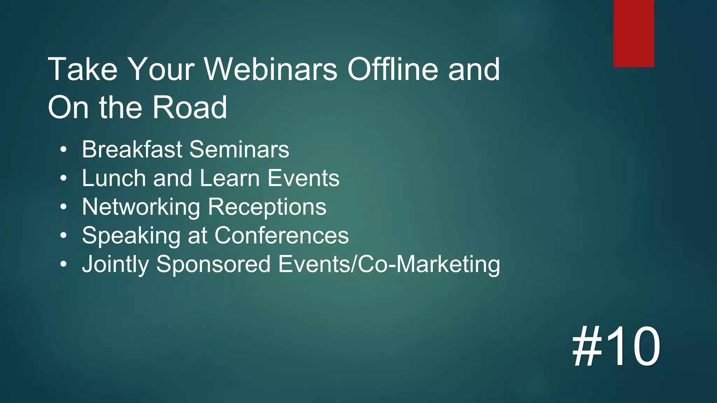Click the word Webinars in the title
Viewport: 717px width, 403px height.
coord(271,69)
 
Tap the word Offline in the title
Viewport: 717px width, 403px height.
coord(392,69)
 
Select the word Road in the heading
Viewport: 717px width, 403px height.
coord(190,107)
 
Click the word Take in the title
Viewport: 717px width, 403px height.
coord(83,69)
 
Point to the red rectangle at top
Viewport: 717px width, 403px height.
coord(634,33)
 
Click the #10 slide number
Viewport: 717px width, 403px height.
coord(616,346)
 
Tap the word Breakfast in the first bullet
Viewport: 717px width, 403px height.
coord(132,149)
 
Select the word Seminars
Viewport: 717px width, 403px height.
coord(239,149)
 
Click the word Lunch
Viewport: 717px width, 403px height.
coord(114,178)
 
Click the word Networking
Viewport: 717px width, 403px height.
coord(141,207)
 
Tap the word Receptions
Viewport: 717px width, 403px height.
coord(267,207)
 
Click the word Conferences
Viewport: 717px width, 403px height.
coord(281,235)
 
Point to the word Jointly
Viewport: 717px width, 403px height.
coord(116,264)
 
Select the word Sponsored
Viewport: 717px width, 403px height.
coord(213,264)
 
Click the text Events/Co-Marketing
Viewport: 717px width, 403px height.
coord(389,264)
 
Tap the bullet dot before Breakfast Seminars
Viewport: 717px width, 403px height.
coord(63,150)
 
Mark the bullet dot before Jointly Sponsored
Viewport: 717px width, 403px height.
coord(63,264)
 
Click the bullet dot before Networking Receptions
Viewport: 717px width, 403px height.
coord(63,207)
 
